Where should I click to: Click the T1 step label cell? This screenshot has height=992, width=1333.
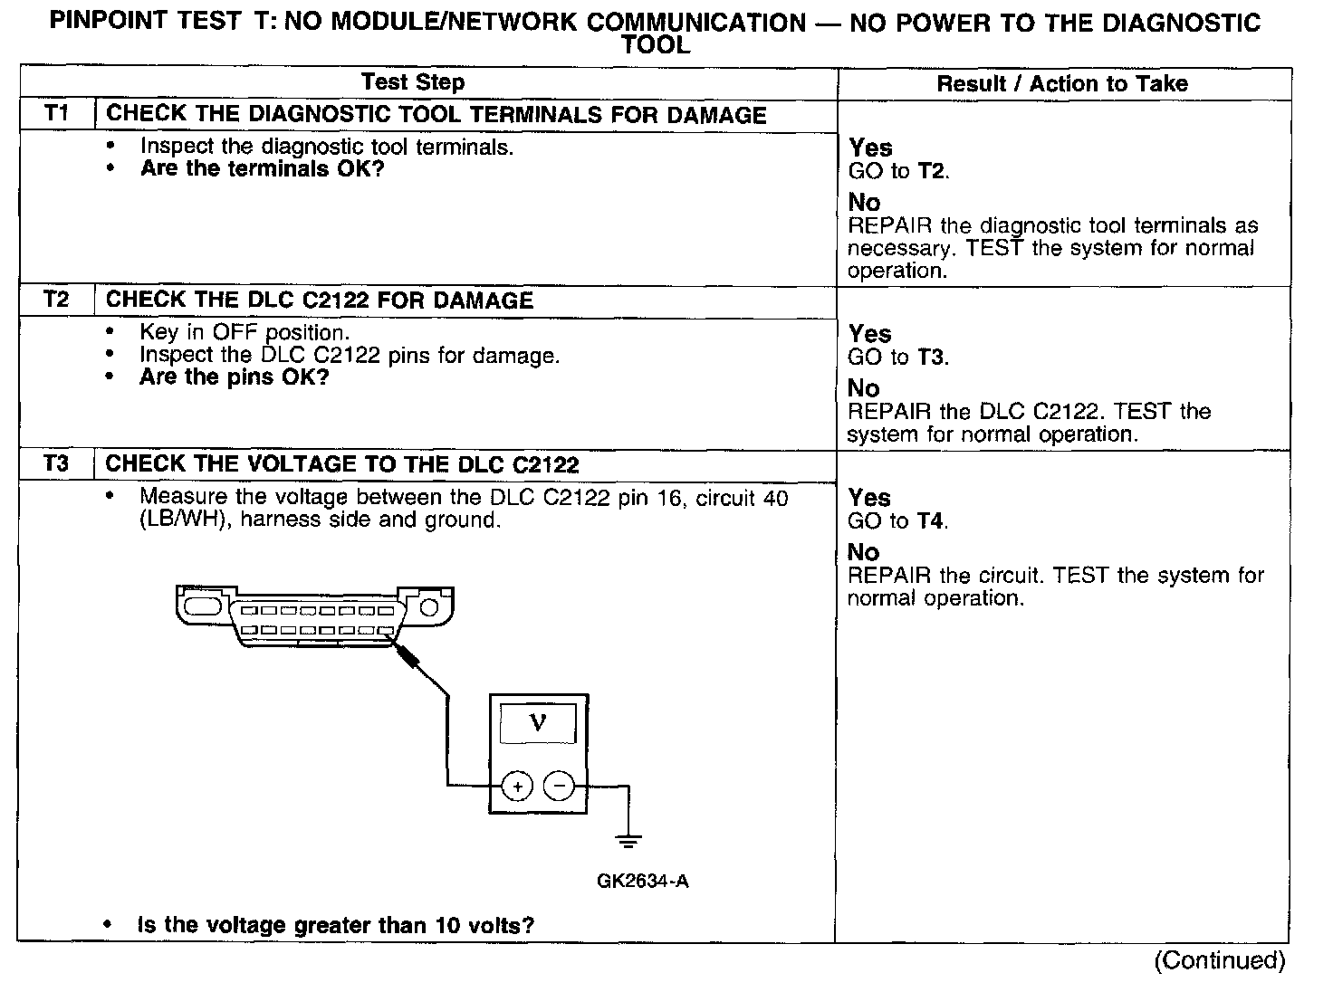coord(56,114)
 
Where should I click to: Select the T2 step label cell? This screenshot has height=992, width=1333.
coord(56,300)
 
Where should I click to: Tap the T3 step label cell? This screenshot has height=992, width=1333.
coord(56,464)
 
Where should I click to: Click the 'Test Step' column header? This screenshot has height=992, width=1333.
coord(413,82)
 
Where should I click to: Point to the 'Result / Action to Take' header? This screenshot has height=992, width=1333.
coord(1061,84)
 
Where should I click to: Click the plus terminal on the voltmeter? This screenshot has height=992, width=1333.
coord(517,787)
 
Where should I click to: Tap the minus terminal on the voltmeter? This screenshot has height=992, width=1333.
coord(560,787)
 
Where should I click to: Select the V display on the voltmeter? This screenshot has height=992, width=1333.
coord(538,723)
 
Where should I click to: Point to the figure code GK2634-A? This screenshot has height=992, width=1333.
coord(642,881)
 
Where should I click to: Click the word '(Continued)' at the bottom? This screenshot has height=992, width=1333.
coord(1219,960)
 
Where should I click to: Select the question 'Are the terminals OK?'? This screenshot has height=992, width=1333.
coord(263,169)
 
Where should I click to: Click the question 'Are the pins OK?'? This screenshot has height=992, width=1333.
coord(234,377)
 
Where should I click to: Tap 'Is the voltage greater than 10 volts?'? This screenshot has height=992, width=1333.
coord(335,925)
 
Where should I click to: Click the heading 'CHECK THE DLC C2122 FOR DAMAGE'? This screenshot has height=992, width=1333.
coord(320,300)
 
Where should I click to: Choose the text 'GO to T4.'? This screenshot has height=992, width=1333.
coord(897,521)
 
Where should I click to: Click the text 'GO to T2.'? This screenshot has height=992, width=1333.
coord(898,171)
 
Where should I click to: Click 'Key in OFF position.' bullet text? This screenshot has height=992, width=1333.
coord(245,332)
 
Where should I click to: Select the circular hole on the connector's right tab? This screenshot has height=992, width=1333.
coord(429,606)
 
